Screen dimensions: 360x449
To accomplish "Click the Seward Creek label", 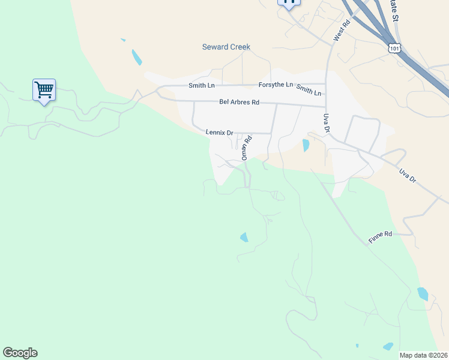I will (226, 47).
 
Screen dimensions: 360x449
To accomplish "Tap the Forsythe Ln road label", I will (276, 85).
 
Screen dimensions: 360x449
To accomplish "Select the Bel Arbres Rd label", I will (239, 102).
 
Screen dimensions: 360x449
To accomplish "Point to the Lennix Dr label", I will (219, 132).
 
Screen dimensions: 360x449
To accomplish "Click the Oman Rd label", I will (245, 147).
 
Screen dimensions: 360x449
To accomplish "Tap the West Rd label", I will (342, 32).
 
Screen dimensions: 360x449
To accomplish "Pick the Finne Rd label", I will (380, 237).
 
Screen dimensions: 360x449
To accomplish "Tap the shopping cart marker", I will (44, 91).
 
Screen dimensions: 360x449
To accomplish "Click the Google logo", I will (20, 353).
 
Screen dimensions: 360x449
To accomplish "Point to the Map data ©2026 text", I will (423, 355).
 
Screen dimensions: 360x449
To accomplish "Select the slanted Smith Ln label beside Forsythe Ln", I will (309, 90).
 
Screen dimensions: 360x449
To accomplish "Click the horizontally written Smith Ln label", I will (201, 85).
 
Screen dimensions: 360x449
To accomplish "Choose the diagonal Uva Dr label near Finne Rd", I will (408, 176).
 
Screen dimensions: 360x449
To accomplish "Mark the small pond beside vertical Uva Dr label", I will (306, 145).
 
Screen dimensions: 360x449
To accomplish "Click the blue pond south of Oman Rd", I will (244, 238).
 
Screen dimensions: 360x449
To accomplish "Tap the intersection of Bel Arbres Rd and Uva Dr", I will (327, 106).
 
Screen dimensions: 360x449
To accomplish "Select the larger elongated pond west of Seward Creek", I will (137, 58).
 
